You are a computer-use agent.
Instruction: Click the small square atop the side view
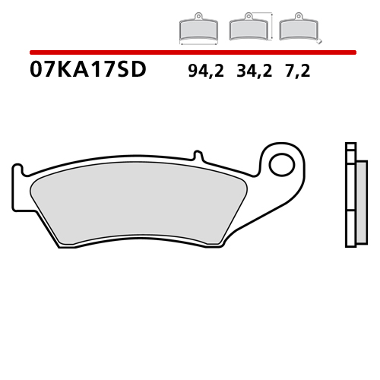pos(350,147)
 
